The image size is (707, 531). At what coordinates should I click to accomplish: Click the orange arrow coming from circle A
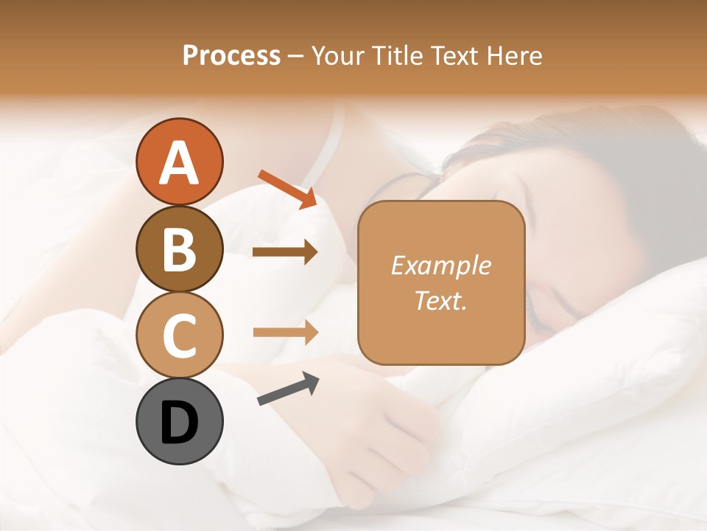point(287,189)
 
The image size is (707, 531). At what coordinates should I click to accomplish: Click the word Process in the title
point(231,55)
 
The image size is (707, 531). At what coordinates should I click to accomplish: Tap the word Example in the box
point(440,265)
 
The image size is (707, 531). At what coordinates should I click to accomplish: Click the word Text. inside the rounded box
point(440,300)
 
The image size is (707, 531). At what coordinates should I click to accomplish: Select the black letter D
point(179,423)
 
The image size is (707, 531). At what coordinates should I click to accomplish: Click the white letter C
point(179,336)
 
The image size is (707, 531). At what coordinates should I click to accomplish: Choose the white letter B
point(179,249)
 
